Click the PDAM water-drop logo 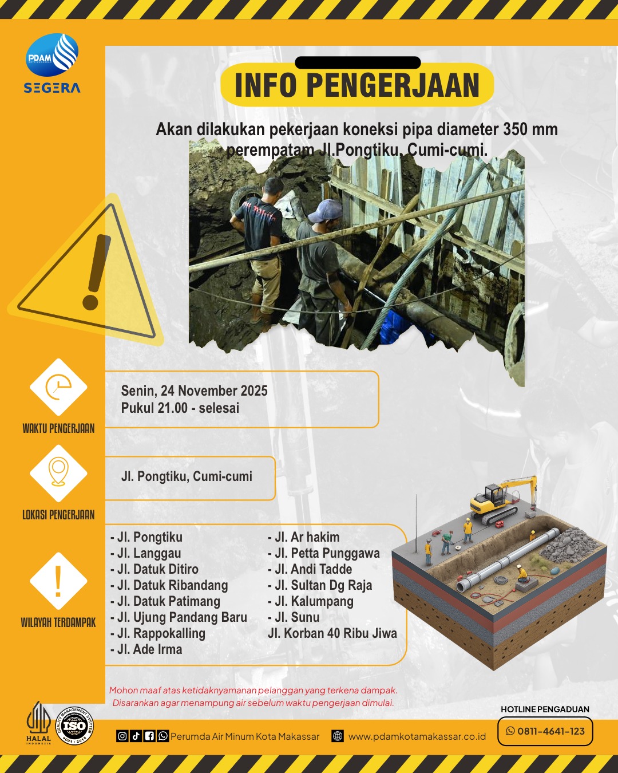tap(52, 55)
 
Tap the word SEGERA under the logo tap(52, 88)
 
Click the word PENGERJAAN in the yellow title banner tap(393, 85)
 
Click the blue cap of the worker tap(325, 211)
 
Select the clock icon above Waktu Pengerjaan tap(58, 387)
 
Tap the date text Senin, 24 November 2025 tap(195, 391)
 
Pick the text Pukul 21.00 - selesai tap(180, 408)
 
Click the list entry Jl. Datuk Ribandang tap(169, 585)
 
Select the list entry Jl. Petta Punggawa tap(323, 553)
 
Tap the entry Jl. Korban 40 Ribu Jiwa tap(332, 633)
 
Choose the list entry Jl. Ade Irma tap(146, 649)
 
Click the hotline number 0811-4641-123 tap(551, 731)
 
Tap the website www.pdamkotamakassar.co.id tap(417, 736)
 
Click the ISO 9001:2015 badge tap(74, 726)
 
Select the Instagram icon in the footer tap(122, 736)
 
